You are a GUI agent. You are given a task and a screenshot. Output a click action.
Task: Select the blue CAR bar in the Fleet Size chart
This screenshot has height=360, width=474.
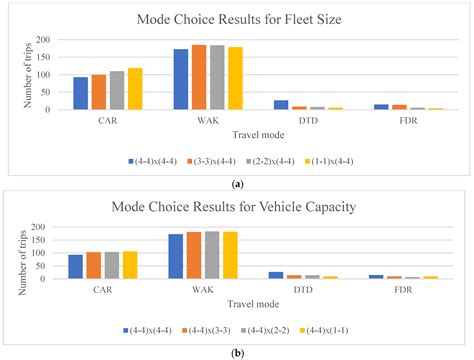coord(81,93)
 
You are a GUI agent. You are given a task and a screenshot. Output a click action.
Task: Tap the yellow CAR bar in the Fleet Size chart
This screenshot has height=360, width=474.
coord(135,89)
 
